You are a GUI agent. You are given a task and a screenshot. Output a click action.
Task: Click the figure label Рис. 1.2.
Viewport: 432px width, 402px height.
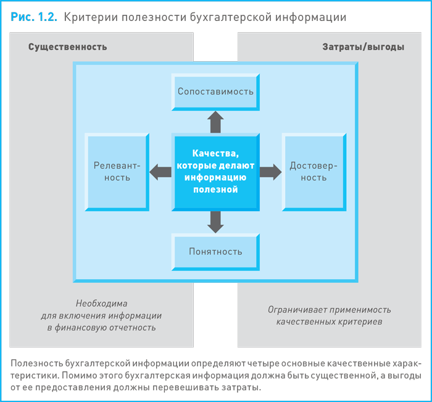pos(35,17)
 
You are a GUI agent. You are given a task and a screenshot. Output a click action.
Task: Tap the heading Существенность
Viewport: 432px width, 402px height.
pos(67,47)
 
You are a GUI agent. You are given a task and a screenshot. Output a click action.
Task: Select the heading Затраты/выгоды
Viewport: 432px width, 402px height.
pos(363,47)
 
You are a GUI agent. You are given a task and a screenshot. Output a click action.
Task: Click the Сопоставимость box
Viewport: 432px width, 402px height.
pos(215,91)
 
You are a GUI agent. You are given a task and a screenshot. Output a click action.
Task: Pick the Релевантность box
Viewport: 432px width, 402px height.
pos(117,172)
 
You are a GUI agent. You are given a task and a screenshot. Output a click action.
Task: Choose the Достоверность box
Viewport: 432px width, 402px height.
pos(314,172)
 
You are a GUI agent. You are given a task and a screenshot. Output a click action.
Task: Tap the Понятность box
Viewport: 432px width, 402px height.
pos(215,251)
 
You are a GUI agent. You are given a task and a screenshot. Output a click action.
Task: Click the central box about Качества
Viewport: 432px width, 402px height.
pos(215,172)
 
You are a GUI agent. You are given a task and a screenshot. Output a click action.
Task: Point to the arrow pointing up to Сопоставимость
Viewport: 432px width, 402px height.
pos(215,122)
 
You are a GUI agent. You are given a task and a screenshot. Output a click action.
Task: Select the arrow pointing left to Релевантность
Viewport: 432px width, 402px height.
pos(161,172)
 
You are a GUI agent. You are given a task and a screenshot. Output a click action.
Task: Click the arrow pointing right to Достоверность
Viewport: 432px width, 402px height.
pos(270,172)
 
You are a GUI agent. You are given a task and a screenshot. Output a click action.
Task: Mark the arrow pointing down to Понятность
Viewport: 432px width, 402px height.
pos(215,221)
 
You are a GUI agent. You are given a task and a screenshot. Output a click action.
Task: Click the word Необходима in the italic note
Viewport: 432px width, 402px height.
pos(101,304)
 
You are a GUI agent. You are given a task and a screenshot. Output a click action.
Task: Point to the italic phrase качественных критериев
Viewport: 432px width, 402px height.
pos(329,322)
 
